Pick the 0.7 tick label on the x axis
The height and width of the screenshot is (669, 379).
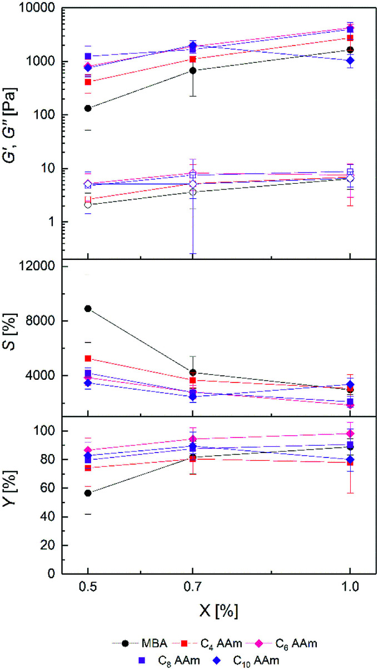[192, 587]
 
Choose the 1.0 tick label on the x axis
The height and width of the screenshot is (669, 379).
[350, 587]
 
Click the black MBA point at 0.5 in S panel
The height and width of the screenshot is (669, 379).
[88, 309]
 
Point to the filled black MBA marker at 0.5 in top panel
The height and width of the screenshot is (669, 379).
[88, 108]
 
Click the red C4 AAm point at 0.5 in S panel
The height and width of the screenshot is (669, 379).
[88, 359]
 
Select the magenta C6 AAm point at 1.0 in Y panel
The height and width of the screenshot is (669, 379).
[350, 434]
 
